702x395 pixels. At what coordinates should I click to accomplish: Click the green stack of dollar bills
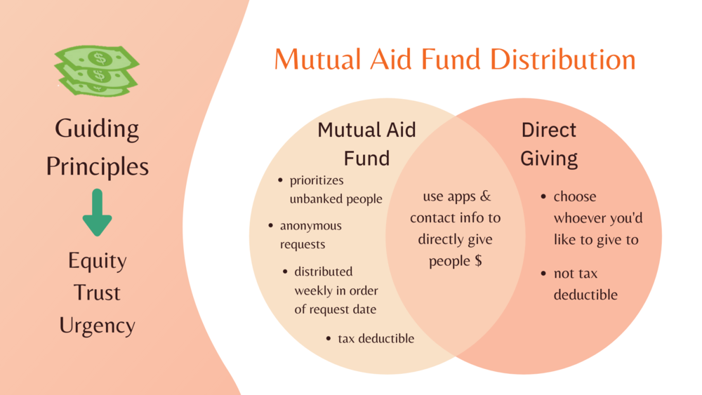coord(97,71)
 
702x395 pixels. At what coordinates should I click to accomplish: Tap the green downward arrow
coord(97,212)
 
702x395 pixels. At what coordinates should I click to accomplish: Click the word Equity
coord(97,261)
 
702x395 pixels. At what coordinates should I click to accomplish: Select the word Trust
coord(97,293)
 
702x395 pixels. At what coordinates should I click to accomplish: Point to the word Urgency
coord(97,326)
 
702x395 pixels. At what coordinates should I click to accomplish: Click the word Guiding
coord(97,129)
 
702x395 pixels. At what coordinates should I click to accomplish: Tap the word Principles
coord(97,167)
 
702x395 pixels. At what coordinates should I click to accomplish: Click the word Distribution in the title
coord(563,59)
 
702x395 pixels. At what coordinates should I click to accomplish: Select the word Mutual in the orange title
coord(317,59)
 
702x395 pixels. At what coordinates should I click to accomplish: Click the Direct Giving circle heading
coord(549,145)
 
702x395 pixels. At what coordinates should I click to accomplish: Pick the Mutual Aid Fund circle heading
coord(366,144)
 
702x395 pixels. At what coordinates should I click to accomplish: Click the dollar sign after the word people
coord(478,260)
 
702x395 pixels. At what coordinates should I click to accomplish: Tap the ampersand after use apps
coord(486,196)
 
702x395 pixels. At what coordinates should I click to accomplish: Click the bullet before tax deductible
coord(329,339)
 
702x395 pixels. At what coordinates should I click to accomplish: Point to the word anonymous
coord(311,225)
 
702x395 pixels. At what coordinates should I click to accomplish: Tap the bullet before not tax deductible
coord(543,274)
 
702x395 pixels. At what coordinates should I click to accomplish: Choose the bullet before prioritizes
coord(280,180)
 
